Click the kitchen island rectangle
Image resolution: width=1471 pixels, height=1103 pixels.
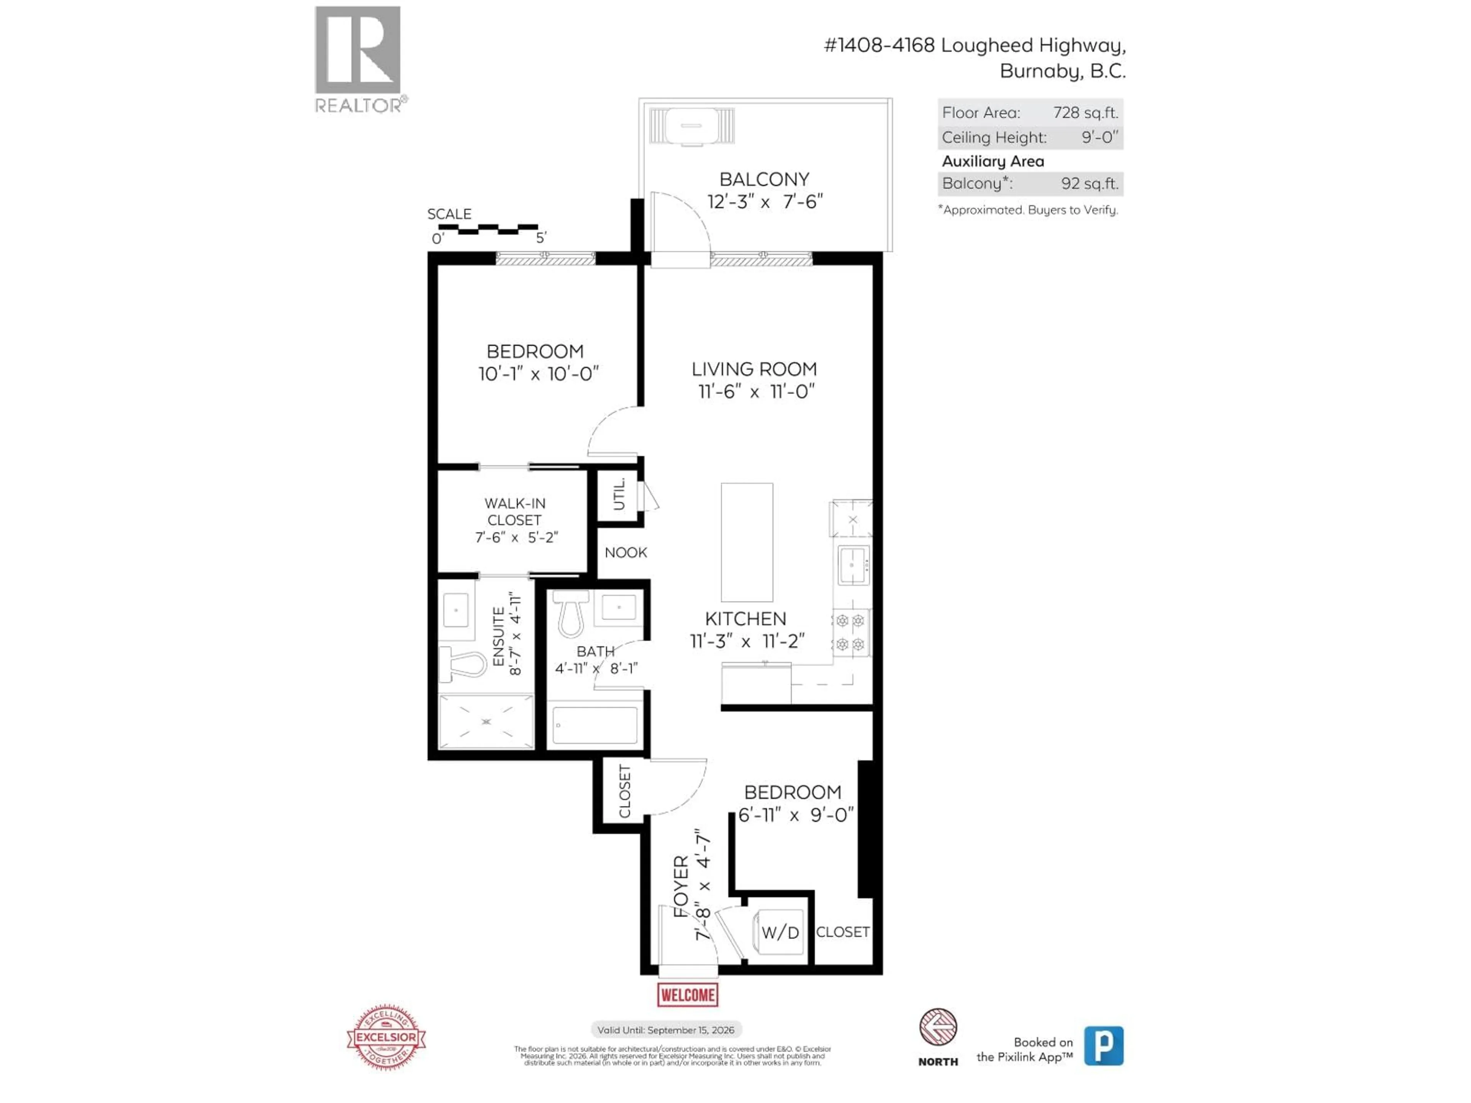tap(747, 542)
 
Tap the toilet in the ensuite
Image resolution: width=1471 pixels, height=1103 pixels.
tap(465, 664)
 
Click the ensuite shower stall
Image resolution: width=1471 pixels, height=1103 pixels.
tap(486, 722)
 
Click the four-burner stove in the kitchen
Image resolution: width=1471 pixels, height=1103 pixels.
tap(850, 632)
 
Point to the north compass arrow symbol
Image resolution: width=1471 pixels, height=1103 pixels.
tap(938, 1027)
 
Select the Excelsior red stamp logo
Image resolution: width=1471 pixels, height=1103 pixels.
tap(387, 1037)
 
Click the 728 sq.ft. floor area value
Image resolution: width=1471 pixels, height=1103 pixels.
tap(1085, 112)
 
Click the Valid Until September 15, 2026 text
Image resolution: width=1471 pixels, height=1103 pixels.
tap(666, 1030)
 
